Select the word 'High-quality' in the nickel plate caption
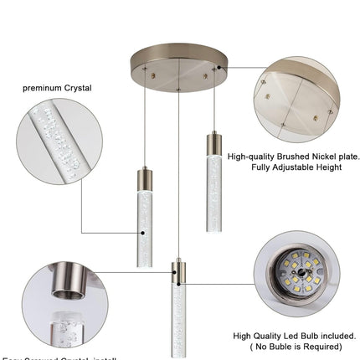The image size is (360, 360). (x=255, y=156)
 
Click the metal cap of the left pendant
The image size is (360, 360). (x=144, y=177)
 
